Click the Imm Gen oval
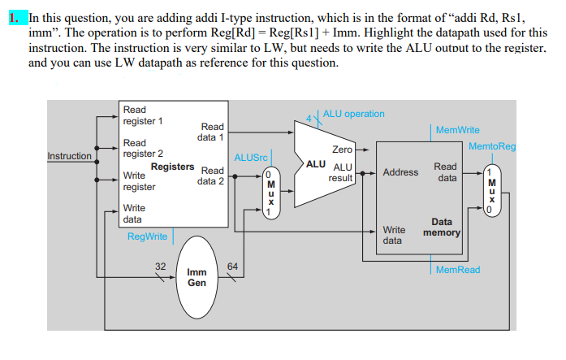[197, 277]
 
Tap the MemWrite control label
[457, 130]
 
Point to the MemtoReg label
[492, 146]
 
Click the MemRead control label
[457, 269]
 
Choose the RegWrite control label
[147, 236]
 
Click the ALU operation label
[353, 114]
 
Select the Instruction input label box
[70, 156]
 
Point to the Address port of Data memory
[400, 172]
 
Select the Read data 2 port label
[211, 176]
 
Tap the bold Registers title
[172, 167]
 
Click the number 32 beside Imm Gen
[161, 266]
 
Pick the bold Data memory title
[442, 227]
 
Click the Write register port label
[140, 180]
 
